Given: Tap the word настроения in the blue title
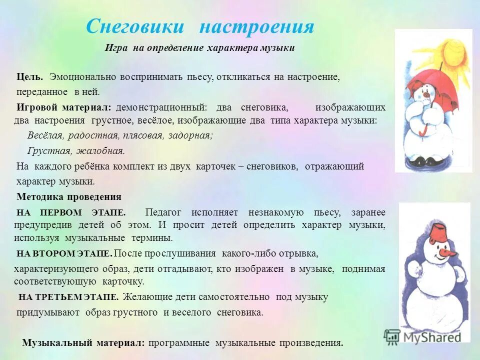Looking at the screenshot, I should (256, 26).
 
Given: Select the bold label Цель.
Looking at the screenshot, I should (29, 77).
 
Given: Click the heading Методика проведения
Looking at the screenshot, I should (68, 196).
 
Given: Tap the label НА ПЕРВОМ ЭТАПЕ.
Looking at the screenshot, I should (71, 212).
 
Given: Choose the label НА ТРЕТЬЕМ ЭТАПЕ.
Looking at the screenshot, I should (68, 297).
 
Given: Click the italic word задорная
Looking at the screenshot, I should (190, 135).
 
